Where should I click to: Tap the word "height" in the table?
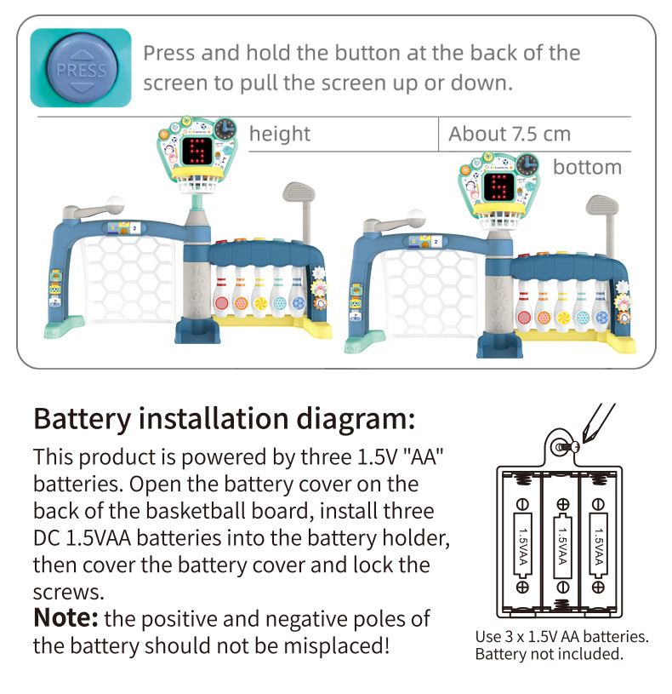click(280, 134)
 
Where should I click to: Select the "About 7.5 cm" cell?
click(510, 134)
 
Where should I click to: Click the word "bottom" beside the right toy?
click(587, 167)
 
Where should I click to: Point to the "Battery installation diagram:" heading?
click(224, 419)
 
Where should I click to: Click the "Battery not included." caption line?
click(549, 654)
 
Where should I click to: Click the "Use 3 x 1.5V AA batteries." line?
click(562, 637)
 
